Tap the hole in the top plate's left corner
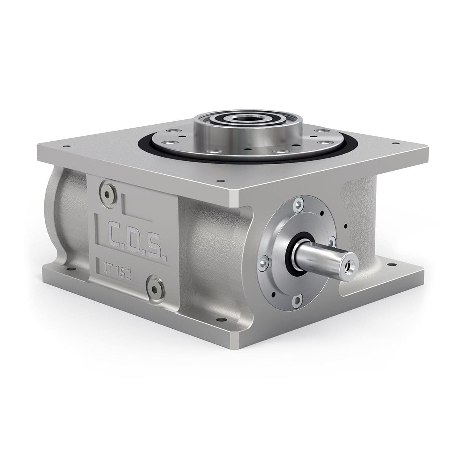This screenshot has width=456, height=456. coord(68,146)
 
